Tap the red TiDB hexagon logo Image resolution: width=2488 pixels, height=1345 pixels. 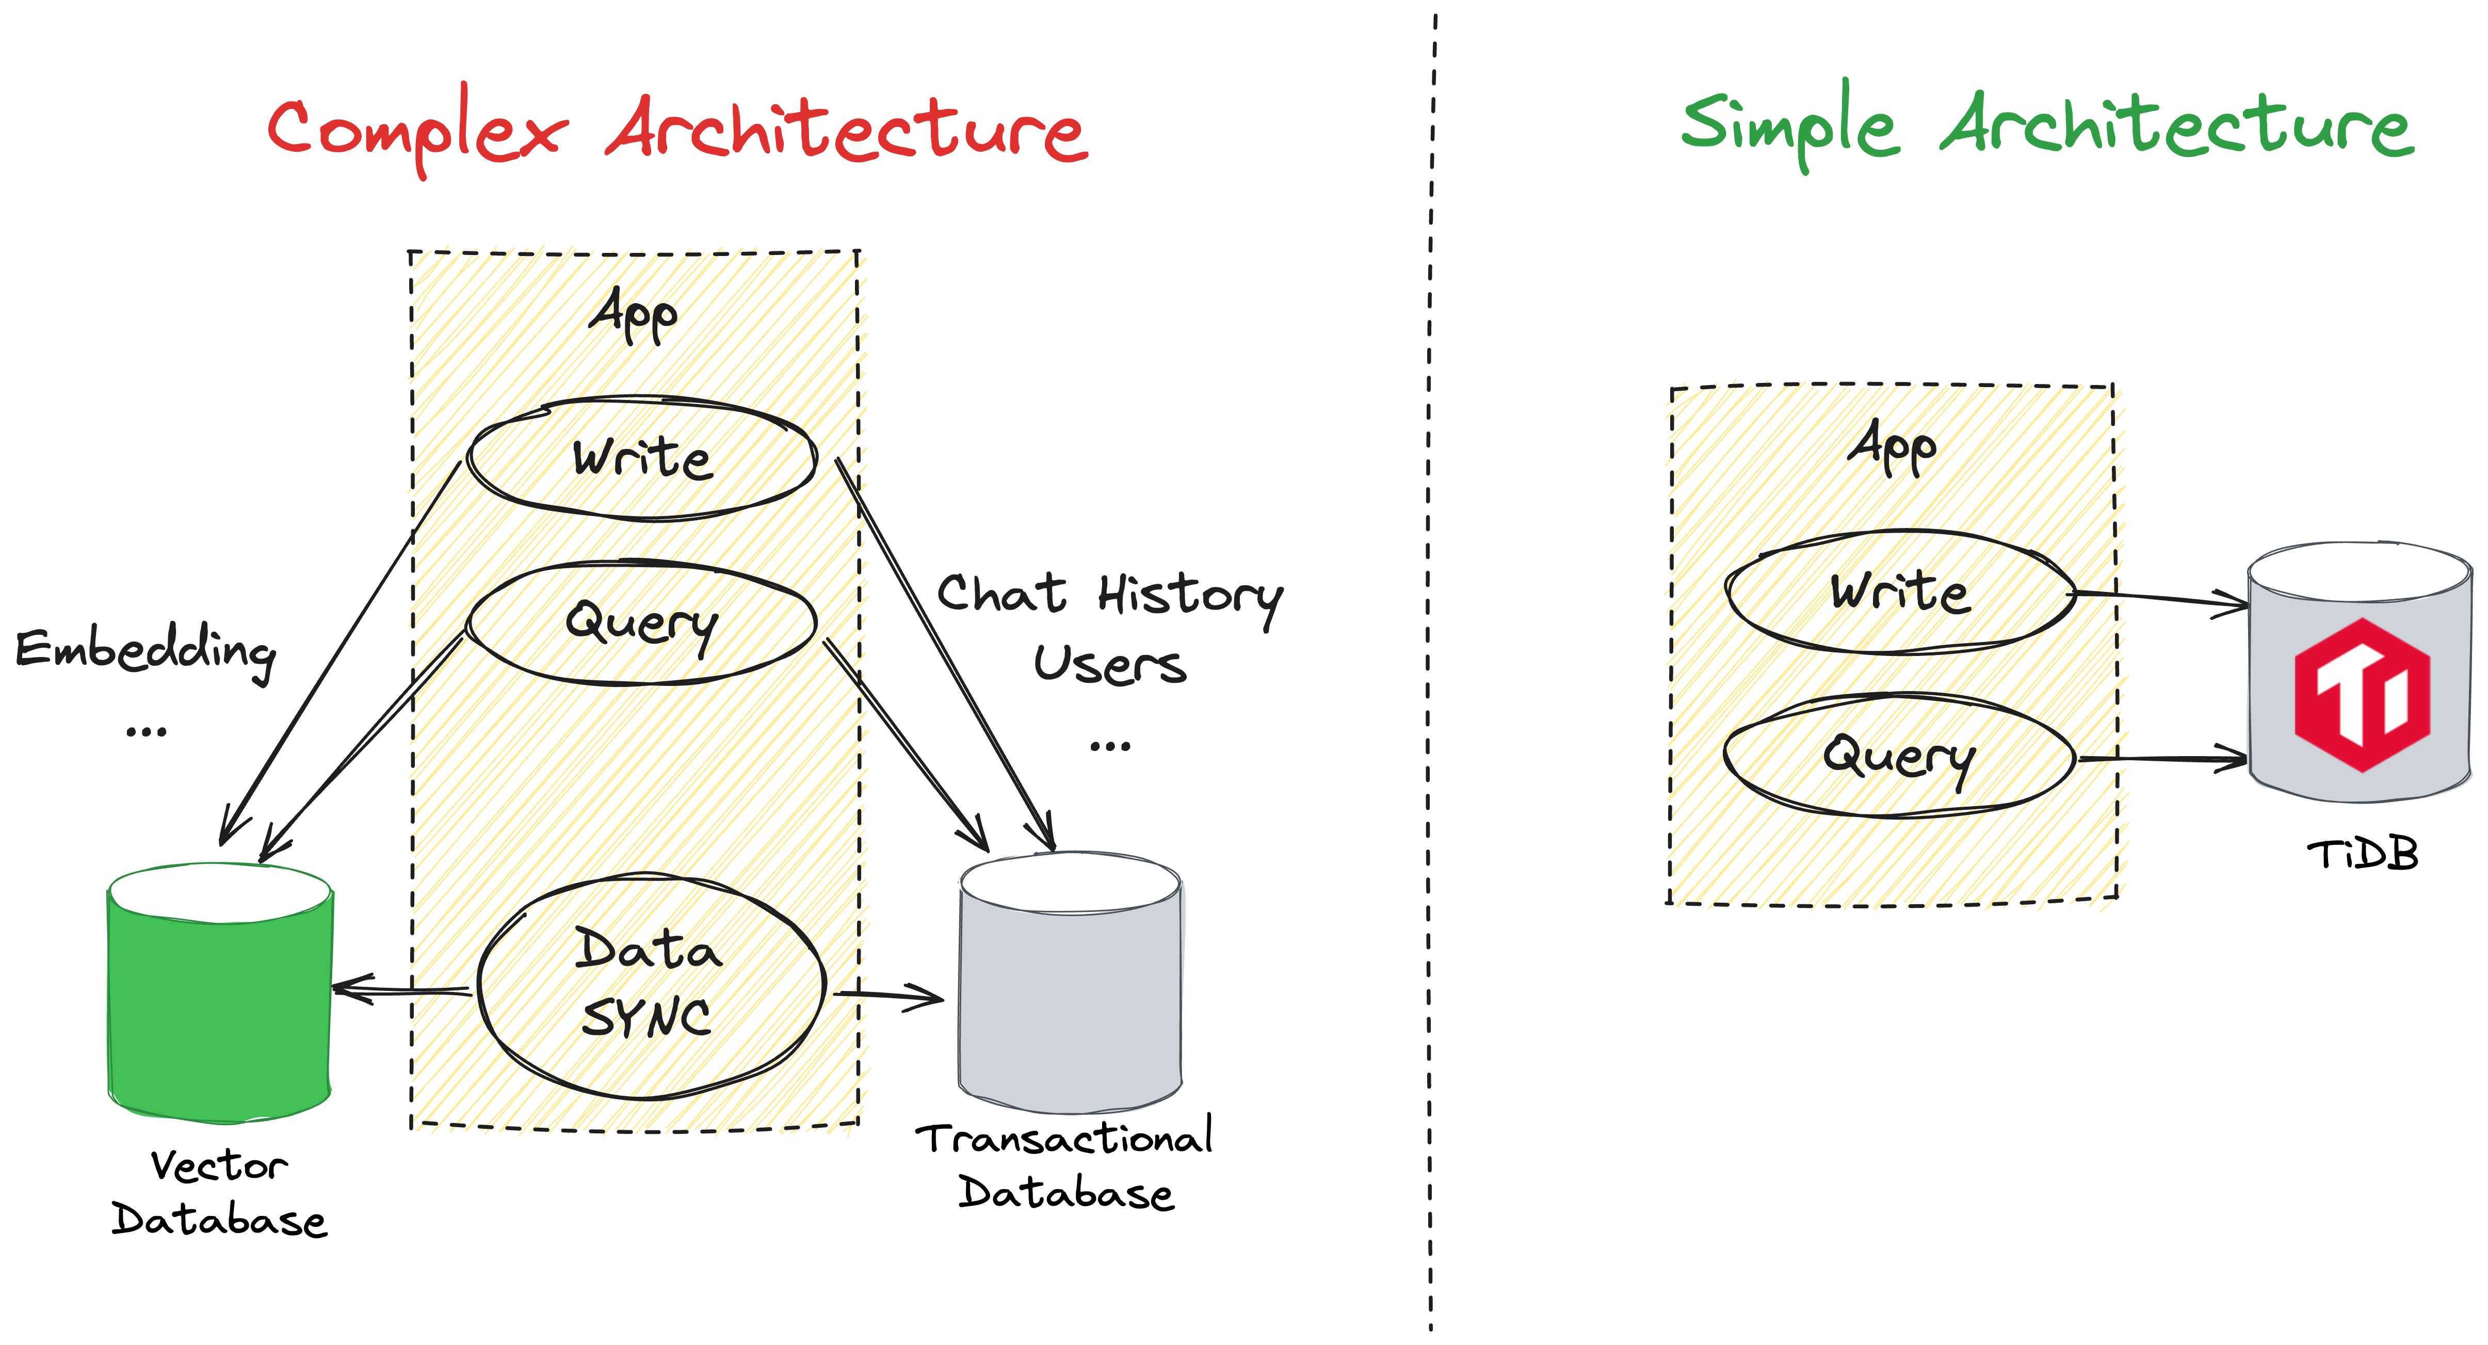point(2362,694)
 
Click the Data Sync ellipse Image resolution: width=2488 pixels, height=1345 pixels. point(649,986)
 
